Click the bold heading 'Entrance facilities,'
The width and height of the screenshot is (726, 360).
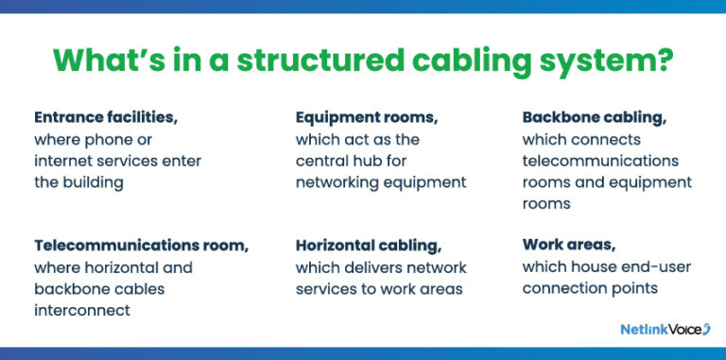click(x=106, y=118)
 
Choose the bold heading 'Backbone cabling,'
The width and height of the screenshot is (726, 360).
click(x=594, y=118)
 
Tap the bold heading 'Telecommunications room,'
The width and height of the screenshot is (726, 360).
click(x=142, y=246)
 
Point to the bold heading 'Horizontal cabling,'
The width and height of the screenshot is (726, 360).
click(x=369, y=246)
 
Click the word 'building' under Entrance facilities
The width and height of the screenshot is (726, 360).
click(x=95, y=182)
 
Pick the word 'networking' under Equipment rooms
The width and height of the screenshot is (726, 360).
click(x=338, y=182)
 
